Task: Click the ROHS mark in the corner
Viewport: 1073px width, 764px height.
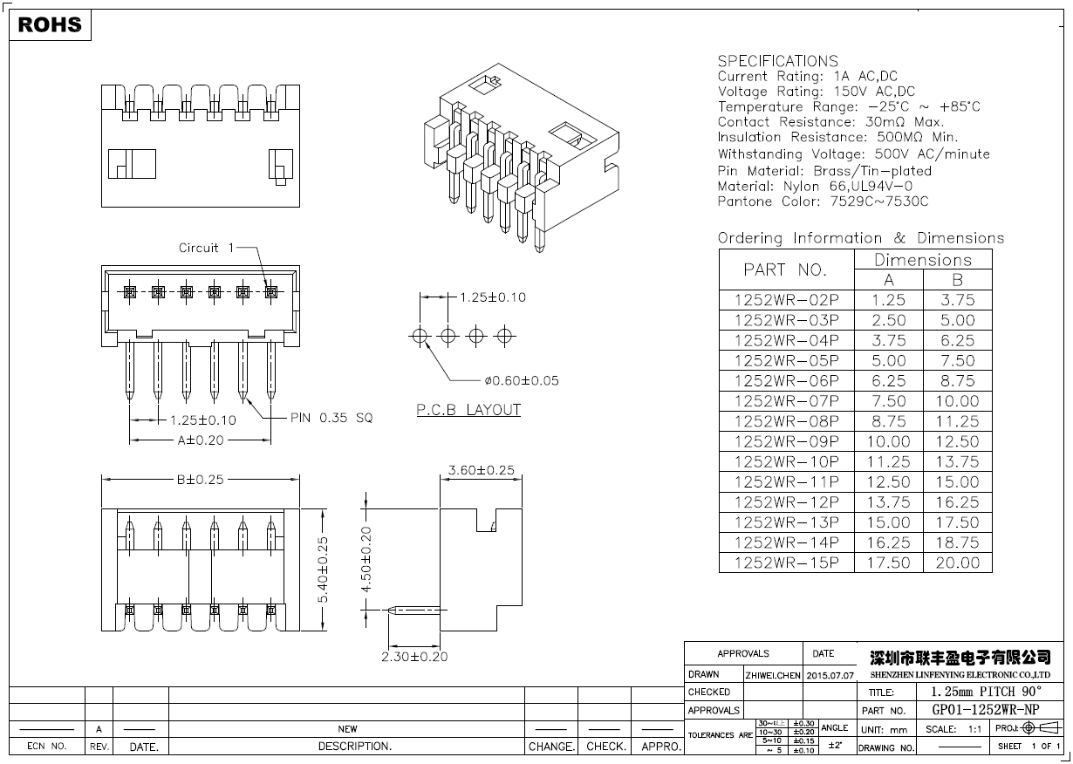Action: point(50,25)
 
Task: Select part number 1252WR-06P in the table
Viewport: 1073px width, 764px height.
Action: point(786,380)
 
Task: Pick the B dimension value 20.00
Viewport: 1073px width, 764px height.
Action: point(957,563)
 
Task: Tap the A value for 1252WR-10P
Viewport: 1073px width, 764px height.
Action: point(888,461)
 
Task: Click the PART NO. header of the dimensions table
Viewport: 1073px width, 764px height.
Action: point(784,269)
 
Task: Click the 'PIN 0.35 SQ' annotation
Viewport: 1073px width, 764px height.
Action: point(331,419)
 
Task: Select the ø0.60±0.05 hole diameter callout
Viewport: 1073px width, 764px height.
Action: point(522,380)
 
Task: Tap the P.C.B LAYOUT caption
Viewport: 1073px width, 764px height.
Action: point(468,410)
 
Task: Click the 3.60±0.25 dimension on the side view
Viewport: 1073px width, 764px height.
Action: point(481,471)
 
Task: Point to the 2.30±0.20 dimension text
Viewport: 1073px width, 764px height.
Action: point(414,657)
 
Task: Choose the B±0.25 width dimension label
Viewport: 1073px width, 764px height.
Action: point(200,479)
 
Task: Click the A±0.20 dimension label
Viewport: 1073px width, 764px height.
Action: point(201,440)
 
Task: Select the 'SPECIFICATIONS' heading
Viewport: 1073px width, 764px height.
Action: point(777,61)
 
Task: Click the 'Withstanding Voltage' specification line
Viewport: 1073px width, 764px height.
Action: point(853,154)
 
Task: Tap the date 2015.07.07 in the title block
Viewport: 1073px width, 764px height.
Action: point(830,675)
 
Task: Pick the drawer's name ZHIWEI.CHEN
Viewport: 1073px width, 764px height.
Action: point(773,675)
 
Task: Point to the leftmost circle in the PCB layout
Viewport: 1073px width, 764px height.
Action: point(420,335)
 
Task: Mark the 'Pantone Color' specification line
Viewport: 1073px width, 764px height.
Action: point(823,201)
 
